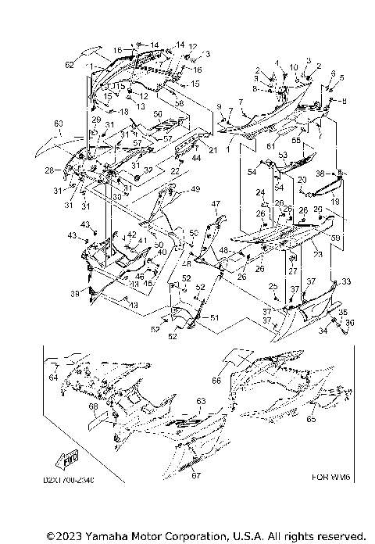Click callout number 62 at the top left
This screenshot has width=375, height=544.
(69, 65)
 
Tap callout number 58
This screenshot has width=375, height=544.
(179, 102)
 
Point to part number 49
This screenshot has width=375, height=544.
(195, 189)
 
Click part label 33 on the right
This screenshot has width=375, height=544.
(347, 281)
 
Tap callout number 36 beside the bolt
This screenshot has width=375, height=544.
(350, 323)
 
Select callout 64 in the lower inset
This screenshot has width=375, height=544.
(53, 378)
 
